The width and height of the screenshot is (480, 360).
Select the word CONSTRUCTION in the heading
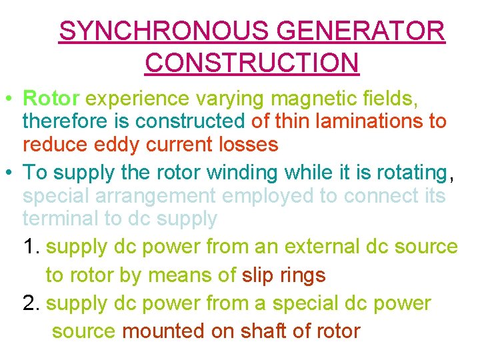coord(251,63)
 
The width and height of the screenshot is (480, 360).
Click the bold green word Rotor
coord(51,99)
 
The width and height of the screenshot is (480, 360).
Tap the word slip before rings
coord(256,275)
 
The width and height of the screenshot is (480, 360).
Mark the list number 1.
coord(31,247)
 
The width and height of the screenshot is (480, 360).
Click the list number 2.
coord(31,303)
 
